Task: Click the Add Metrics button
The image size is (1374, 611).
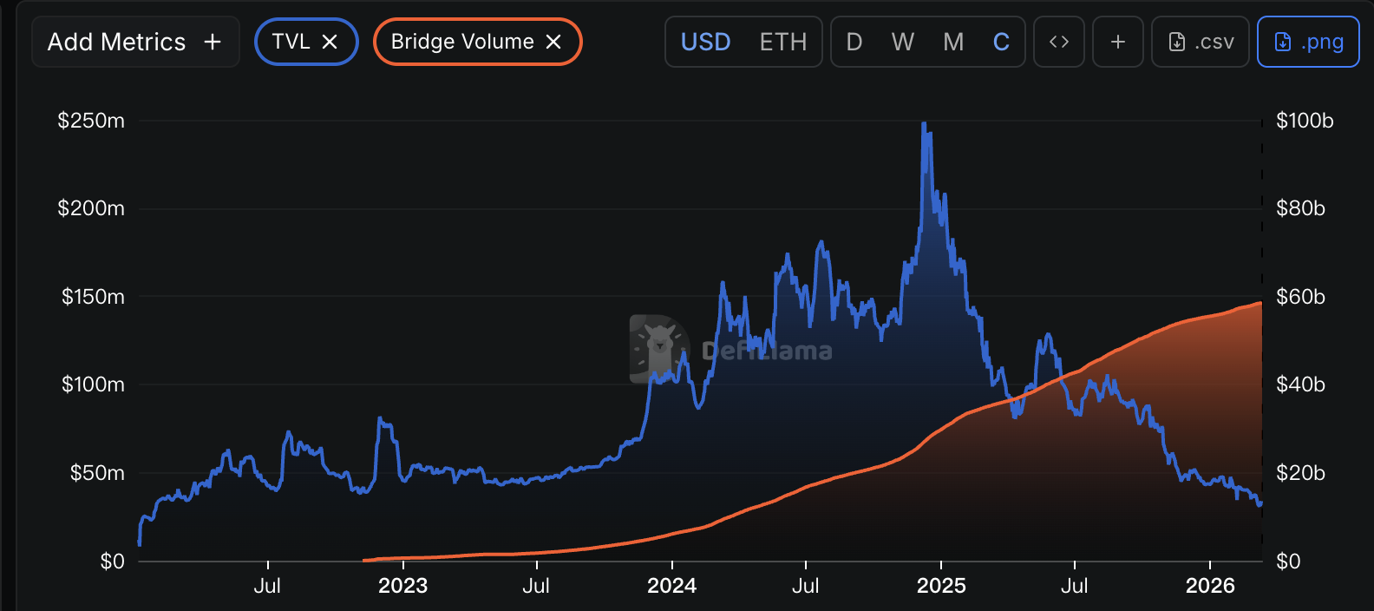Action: (x=135, y=42)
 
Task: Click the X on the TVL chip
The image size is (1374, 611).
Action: (x=330, y=42)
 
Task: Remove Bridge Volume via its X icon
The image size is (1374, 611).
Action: (x=553, y=42)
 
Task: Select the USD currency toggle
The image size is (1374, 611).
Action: (x=705, y=42)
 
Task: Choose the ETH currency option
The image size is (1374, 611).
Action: (x=782, y=42)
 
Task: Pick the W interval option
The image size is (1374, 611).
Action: (x=902, y=42)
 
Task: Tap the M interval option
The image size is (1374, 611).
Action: (x=953, y=42)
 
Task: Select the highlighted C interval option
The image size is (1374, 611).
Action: (x=1001, y=42)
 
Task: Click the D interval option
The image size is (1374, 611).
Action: (x=854, y=42)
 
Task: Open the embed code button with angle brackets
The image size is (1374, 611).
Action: (x=1058, y=42)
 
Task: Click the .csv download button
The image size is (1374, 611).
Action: (x=1201, y=42)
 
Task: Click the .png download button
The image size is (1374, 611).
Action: (x=1308, y=42)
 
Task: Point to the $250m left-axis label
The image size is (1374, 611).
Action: (x=91, y=121)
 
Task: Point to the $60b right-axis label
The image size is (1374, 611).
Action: (x=1300, y=297)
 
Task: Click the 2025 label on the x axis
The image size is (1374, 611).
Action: (x=941, y=586)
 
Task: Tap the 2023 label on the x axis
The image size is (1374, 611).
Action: (x=403, y=586)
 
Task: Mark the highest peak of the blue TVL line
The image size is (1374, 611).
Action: (x=924, y=124)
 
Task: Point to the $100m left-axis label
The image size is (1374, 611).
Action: (x=93, y=384)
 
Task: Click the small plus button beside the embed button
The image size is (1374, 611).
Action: (x=1118, y=42)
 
